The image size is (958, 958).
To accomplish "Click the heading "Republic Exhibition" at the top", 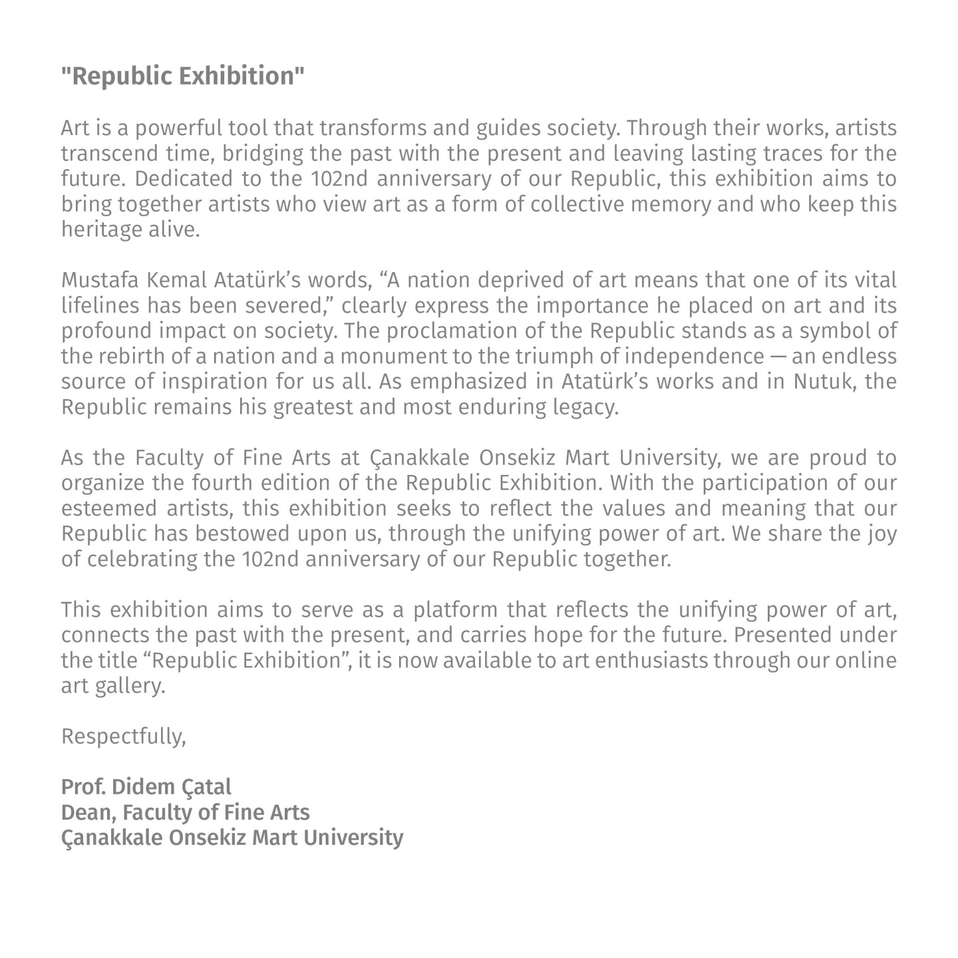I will click(182, 77).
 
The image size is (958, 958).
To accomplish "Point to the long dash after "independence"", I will click(778, 357).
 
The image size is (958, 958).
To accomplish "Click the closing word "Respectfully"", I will click(123, 736).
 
